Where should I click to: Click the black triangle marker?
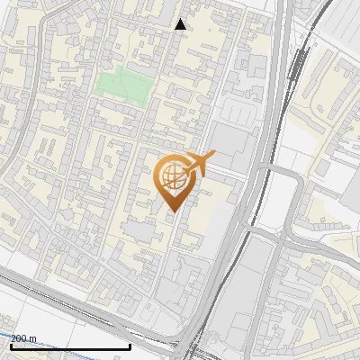(180, 24)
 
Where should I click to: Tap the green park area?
(121, 85)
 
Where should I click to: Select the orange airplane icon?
(201, 164)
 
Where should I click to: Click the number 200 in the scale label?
(19, 338)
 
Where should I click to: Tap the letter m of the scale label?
(34, 338)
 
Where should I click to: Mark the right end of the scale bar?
(130, 346)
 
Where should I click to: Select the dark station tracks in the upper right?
(297, 67)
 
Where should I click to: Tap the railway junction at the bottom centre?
(189, 346)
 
